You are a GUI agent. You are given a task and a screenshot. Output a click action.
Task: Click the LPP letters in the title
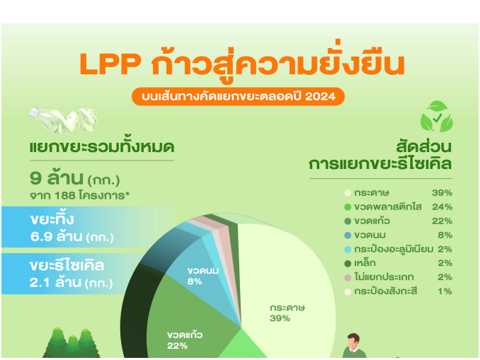tap(110, 64)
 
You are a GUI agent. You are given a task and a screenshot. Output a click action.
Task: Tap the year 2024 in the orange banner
tap(320, 97)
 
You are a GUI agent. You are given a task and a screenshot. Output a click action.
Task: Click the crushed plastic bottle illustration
tap(63, 120)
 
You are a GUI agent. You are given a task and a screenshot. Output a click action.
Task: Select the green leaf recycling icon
tap(437, 116)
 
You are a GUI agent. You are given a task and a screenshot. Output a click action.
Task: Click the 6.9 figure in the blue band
tap(41, 237)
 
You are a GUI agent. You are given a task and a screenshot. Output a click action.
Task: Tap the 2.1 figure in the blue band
tap(40, 283)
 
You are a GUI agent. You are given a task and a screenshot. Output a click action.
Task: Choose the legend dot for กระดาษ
tap(348, 193)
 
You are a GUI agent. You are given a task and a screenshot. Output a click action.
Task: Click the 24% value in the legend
tap(442, 207)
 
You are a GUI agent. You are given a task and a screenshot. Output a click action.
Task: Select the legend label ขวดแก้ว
tap(372, 221)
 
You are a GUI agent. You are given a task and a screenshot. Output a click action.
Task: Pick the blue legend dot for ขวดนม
tap(348, 236)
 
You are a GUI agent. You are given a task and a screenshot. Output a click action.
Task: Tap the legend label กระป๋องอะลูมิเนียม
tap(394, 249)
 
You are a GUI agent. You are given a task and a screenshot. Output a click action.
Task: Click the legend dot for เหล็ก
tap(348, 263)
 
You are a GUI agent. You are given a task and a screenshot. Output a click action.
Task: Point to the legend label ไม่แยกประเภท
tap(384, 277)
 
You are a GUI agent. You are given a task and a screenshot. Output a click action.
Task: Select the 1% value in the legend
tap(445, 291)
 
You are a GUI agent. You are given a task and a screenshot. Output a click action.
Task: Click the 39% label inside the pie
tap(280, 319)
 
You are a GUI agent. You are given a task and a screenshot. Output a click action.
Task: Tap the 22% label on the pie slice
tap(177, 346)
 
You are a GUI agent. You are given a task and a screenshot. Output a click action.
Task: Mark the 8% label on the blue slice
tap(195, 281)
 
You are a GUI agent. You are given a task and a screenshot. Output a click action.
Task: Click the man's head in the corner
tap(353, 340)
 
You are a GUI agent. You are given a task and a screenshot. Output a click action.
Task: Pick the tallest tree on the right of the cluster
tap(86, 343)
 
